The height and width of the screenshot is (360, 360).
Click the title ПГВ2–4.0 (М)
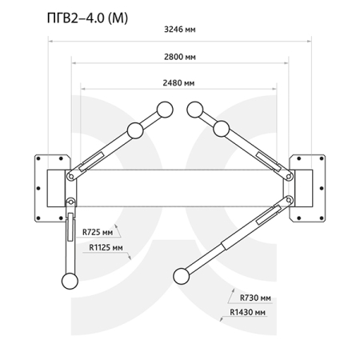point(87,18)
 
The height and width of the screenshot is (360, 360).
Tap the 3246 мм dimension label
point(180,30)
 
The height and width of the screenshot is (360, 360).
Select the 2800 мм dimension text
point(180,57)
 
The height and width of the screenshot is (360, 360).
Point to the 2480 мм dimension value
point(178,83)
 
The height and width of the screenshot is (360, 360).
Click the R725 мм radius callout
point(98,232)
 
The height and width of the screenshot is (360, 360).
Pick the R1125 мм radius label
point(106,248)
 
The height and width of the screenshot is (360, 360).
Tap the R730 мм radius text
point(255,298)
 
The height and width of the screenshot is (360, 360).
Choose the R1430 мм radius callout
point(248,312)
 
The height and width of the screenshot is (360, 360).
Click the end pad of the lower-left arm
point(70,281)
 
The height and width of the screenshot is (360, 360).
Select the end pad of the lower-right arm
point(182,276)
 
